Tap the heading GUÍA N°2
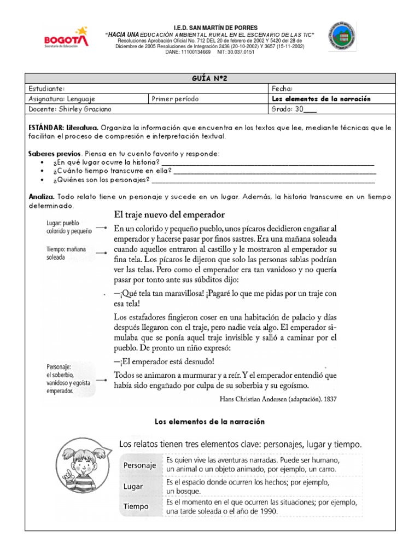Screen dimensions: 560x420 click(209, 79)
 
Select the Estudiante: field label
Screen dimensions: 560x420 click(48, 89)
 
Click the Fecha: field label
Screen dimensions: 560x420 click(282, 89)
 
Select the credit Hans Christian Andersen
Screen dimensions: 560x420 click(277, 399)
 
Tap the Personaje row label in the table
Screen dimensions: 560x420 click(139, 465)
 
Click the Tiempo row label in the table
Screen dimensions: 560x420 click(136, 506)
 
